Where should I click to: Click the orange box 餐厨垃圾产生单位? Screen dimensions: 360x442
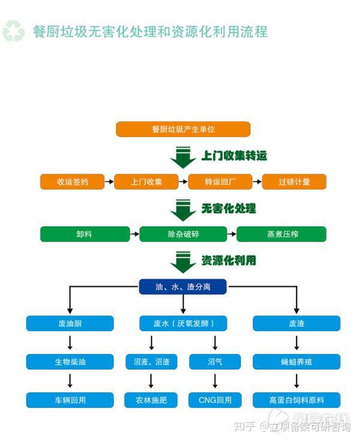183,130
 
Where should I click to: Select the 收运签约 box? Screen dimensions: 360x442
73,182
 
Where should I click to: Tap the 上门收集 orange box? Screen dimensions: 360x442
146,182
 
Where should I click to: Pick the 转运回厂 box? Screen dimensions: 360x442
220,182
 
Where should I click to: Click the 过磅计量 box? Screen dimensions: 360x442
295,182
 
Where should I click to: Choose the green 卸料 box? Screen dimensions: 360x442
85,234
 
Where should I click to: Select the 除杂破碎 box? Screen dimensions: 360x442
183,234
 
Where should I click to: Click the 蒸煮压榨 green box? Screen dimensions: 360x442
281,234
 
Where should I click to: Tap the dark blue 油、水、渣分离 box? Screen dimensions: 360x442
182,287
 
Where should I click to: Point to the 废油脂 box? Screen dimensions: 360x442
70,323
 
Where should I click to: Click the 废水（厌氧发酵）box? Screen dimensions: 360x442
183,323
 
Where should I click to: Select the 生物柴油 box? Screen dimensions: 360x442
70,362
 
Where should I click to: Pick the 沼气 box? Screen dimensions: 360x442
215,362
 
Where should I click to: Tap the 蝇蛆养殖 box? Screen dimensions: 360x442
296,362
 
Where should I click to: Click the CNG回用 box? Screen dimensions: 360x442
215,400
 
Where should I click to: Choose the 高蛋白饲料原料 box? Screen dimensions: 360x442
296,400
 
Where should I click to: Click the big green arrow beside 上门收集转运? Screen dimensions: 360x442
183,158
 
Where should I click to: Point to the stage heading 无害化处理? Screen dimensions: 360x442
229,209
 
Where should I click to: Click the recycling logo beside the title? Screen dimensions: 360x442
14,31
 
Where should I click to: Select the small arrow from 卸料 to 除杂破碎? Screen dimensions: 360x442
134,234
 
